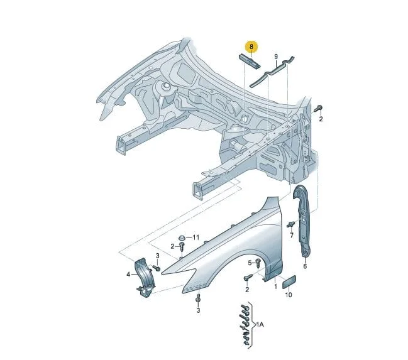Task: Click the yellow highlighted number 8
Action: (x=251, y=47)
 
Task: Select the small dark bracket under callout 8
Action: (x=250, y=61)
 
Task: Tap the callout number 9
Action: (x=276, y=57)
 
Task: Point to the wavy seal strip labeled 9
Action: (x=272, y=71)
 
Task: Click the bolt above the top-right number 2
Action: (x=318, y=108)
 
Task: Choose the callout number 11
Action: (x=196, y=237)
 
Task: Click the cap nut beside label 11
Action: (x=181, y=237)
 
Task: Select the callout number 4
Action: (x=128, y=274)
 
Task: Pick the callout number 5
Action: (x=250, y=263)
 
